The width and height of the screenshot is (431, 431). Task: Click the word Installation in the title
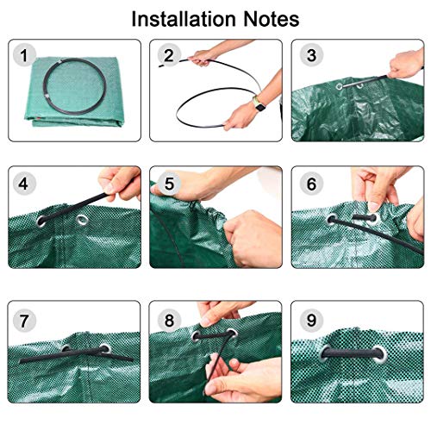tap(184, 19)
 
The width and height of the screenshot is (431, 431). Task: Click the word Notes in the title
tap(272, 19)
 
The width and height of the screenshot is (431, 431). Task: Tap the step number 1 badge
tap(24, 55)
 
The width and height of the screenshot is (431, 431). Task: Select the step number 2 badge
tap(169, 55)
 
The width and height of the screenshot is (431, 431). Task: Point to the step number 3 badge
tap(311, 55)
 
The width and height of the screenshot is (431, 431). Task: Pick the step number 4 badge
tap(24, 184)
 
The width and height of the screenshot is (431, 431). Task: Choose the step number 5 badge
tap(169, 184)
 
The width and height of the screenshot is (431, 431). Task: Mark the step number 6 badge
tap(311, 184)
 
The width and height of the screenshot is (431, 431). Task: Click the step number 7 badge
tap(24, 321)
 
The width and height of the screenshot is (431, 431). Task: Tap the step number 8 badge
tap(169, 321)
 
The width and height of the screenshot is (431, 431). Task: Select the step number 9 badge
tap(311, 321)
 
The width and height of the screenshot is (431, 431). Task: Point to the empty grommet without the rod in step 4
tap(83, 220)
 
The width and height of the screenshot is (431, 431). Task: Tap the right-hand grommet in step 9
tap(380, 354)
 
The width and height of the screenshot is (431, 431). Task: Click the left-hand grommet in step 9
tap(327, 353)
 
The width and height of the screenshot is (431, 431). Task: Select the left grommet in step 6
tap(333, 221)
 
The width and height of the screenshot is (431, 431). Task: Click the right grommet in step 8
tap(231, 334)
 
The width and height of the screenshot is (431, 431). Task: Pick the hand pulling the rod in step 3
tap(406, 65)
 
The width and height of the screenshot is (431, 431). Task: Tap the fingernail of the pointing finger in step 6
tap(373, 207)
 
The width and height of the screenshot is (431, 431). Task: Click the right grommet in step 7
tap(105, 348)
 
